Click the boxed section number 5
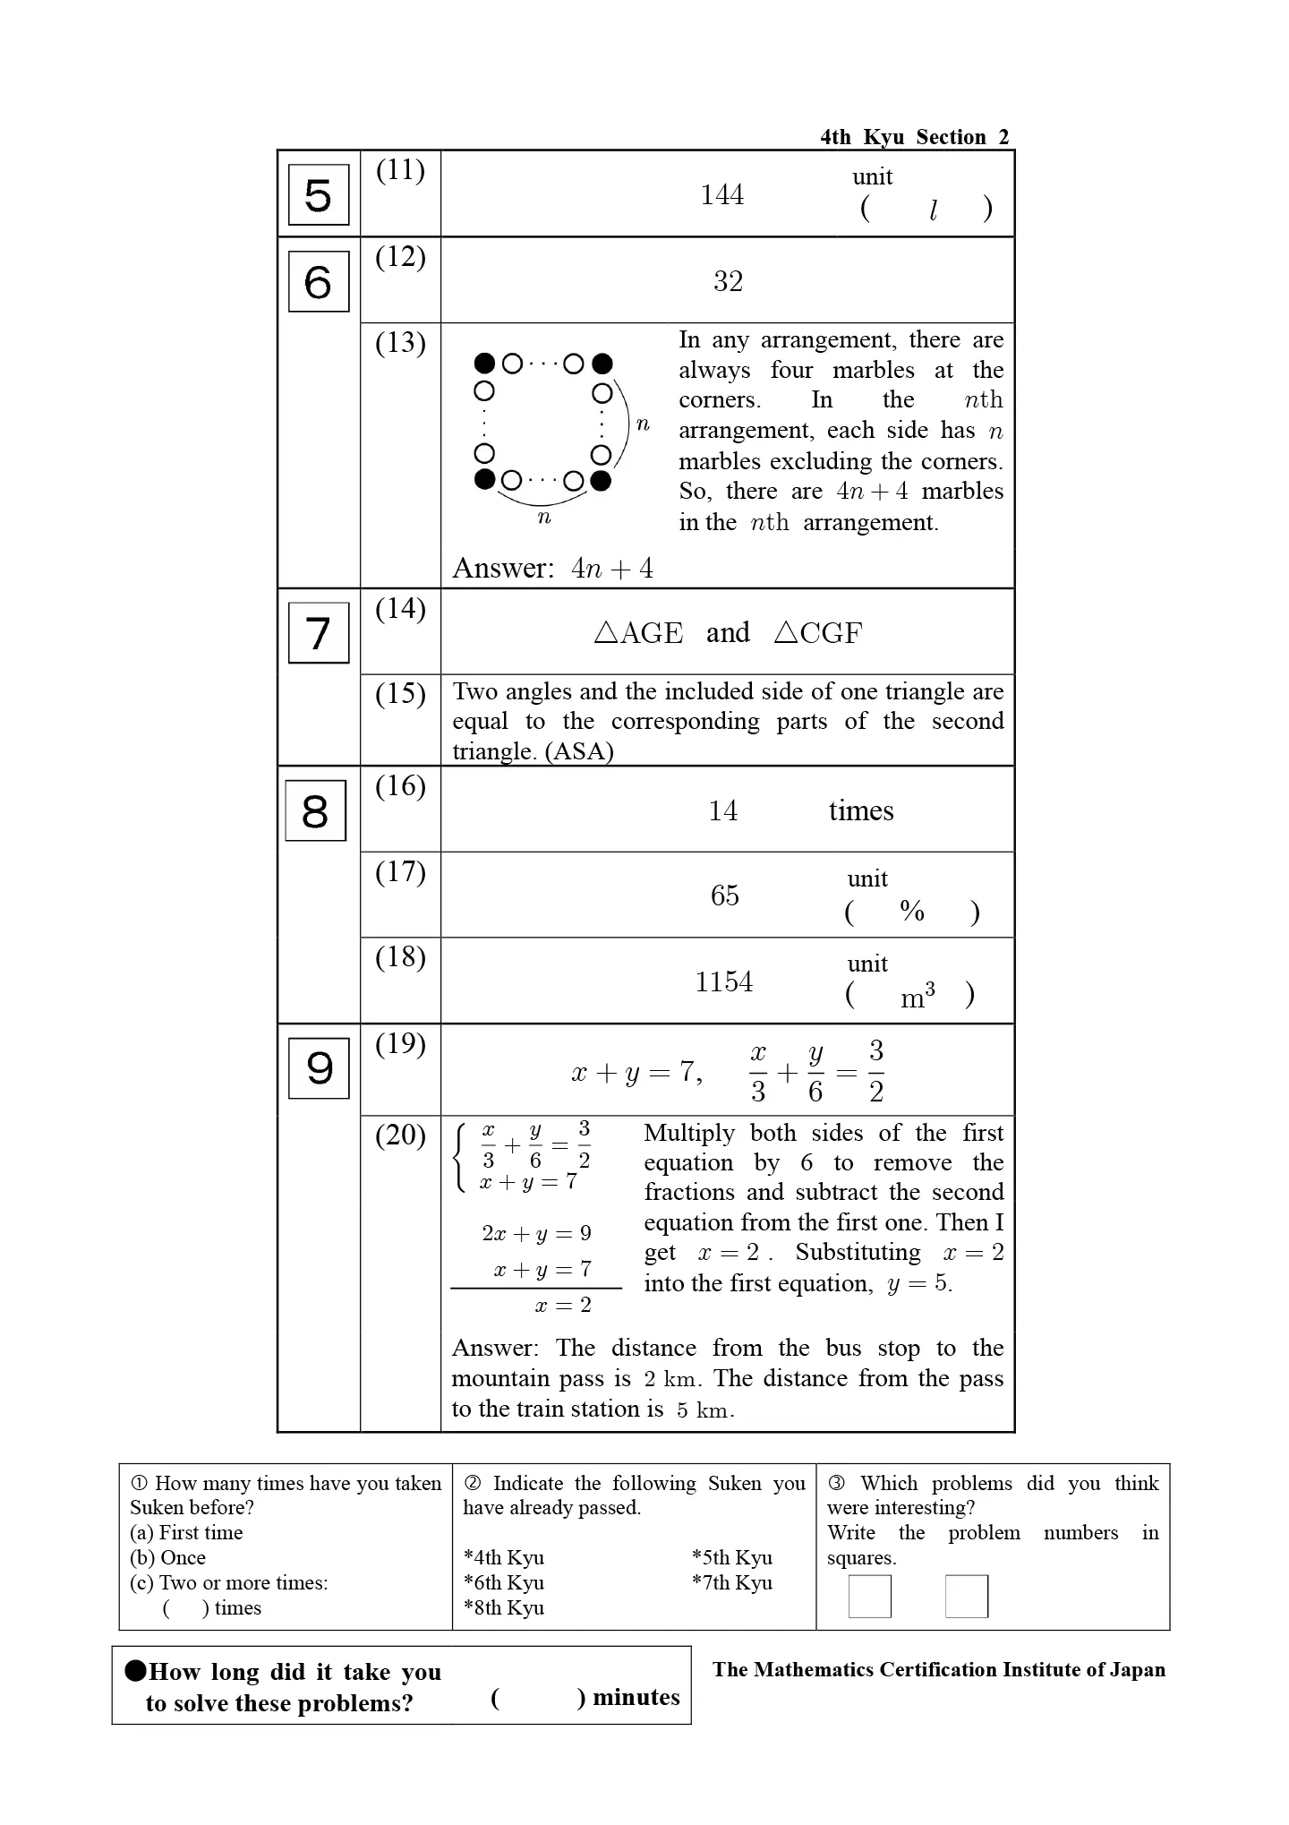pyautogui.click(x=318, y=195)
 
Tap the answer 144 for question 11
pyautogui.click(x=721, y=195)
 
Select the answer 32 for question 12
pyautogui.click(x=728, y=282)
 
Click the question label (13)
pyautogui.click(x=400, y=343)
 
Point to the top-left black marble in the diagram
pyautogui.click(x=484, y=364)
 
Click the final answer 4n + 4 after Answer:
pyautogui.click(x=612, y=569)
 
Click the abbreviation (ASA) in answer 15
pyautogui.click(x=579, y=751)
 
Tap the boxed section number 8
pyautogui.click(x=315, y=811)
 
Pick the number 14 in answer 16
pyautogui.click(x=722, y=811)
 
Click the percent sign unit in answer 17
pyautogui.click(x=912, y=912)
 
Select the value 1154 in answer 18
pyautogui.click(x=724, y=982)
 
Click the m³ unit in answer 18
pyautogui.click(x=918, y=997)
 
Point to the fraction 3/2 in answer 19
pyautogui.click(x=876, y=1071)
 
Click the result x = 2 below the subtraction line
pyautogui.click(x=563, y=1306)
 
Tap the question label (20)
pyautogui.click(x=400, y=1135)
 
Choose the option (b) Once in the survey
pyautogui.click(x=168, y=1558)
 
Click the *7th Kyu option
pyautogui.click(x=731, y=1583)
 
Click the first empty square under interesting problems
pyautogui.click(x=869, y=1597)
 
